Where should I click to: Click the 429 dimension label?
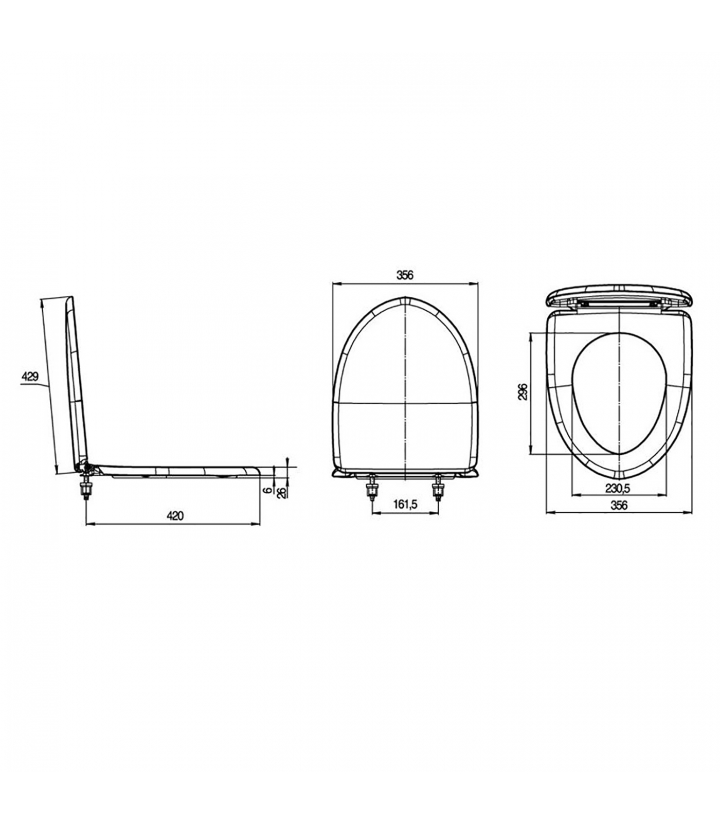[x=30, y=377]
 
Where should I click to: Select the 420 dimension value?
[x=175, y=516]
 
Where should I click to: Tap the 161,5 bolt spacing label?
[x=405, y=505]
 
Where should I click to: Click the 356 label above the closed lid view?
[x=405, y=275]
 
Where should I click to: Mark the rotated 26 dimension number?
[x=281, y=492]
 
